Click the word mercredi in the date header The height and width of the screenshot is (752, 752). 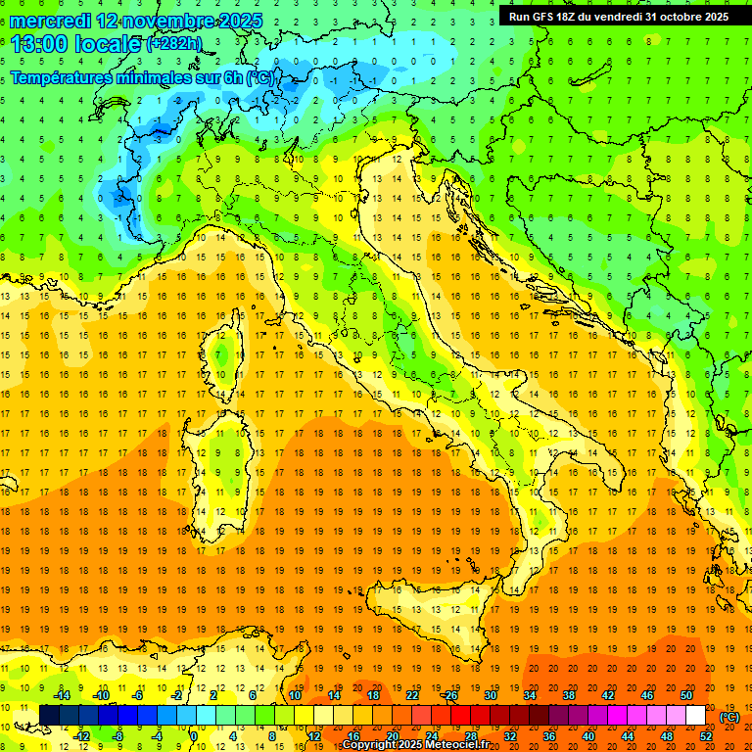(49, 21)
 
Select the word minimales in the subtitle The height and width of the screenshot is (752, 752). (166, 78)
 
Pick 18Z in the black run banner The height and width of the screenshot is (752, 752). (575, 17)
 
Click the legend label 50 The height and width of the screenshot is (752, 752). (686, 695)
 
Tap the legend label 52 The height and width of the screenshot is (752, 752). (706, 735)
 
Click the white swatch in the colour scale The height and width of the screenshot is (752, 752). (695, 716)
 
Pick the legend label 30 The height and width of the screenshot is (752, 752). (490, 695)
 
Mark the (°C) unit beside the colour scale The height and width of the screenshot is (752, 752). (729, 717)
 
